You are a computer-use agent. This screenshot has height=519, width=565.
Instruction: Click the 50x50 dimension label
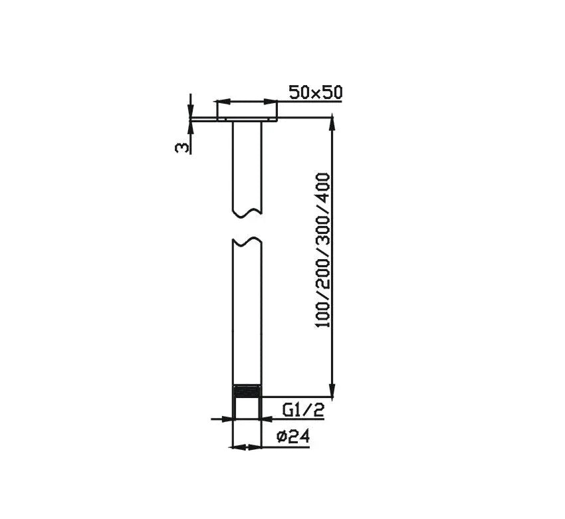pos(315,92)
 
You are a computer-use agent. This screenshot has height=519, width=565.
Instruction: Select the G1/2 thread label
pos(303,410)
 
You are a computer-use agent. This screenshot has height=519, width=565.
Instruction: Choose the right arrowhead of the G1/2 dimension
pos(266,419)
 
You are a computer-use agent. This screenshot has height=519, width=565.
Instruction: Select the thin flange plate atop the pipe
pos(247,120)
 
